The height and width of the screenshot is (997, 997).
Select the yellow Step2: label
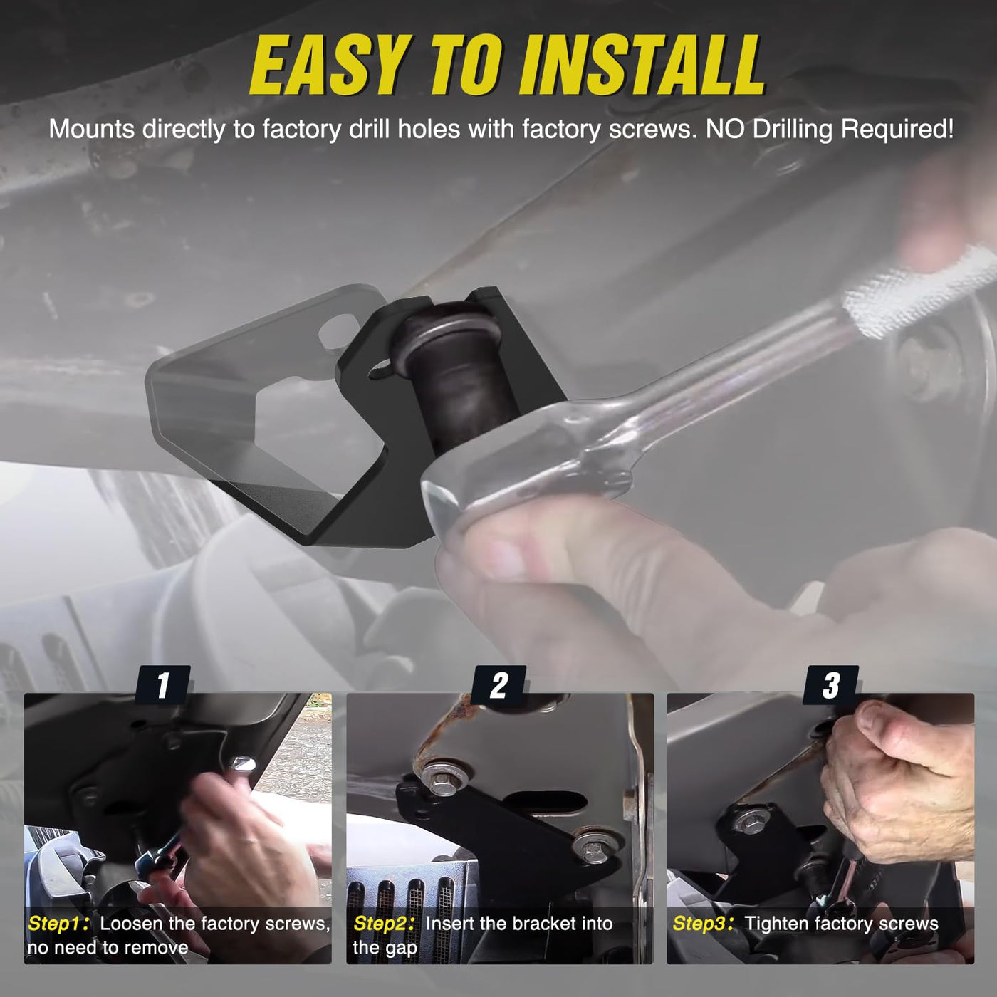click(384, 924)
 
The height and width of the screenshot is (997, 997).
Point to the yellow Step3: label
click(703, 924)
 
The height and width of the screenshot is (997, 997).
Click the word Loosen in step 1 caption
click(132, 924)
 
